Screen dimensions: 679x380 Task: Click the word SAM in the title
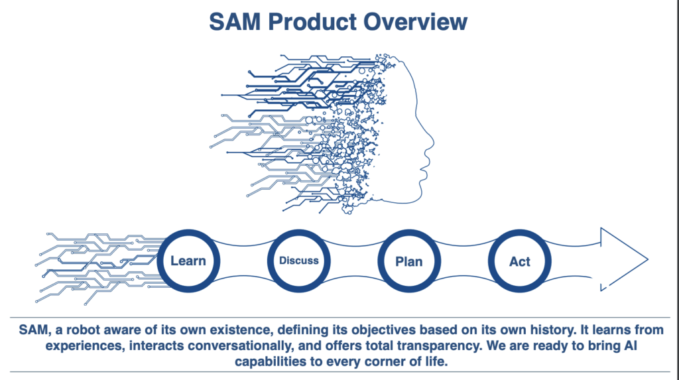point(235,22)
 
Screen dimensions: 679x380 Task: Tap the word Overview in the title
point(415,22)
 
